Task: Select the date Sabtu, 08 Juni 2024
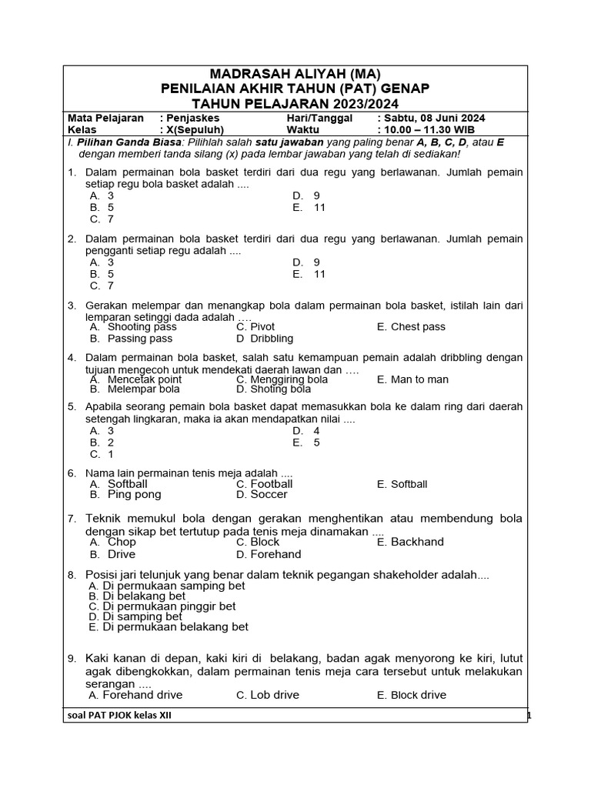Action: pos(435,119)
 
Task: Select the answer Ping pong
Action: pos(135,496)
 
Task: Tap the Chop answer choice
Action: pos(122,542)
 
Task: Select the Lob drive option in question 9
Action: pos(275,695)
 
